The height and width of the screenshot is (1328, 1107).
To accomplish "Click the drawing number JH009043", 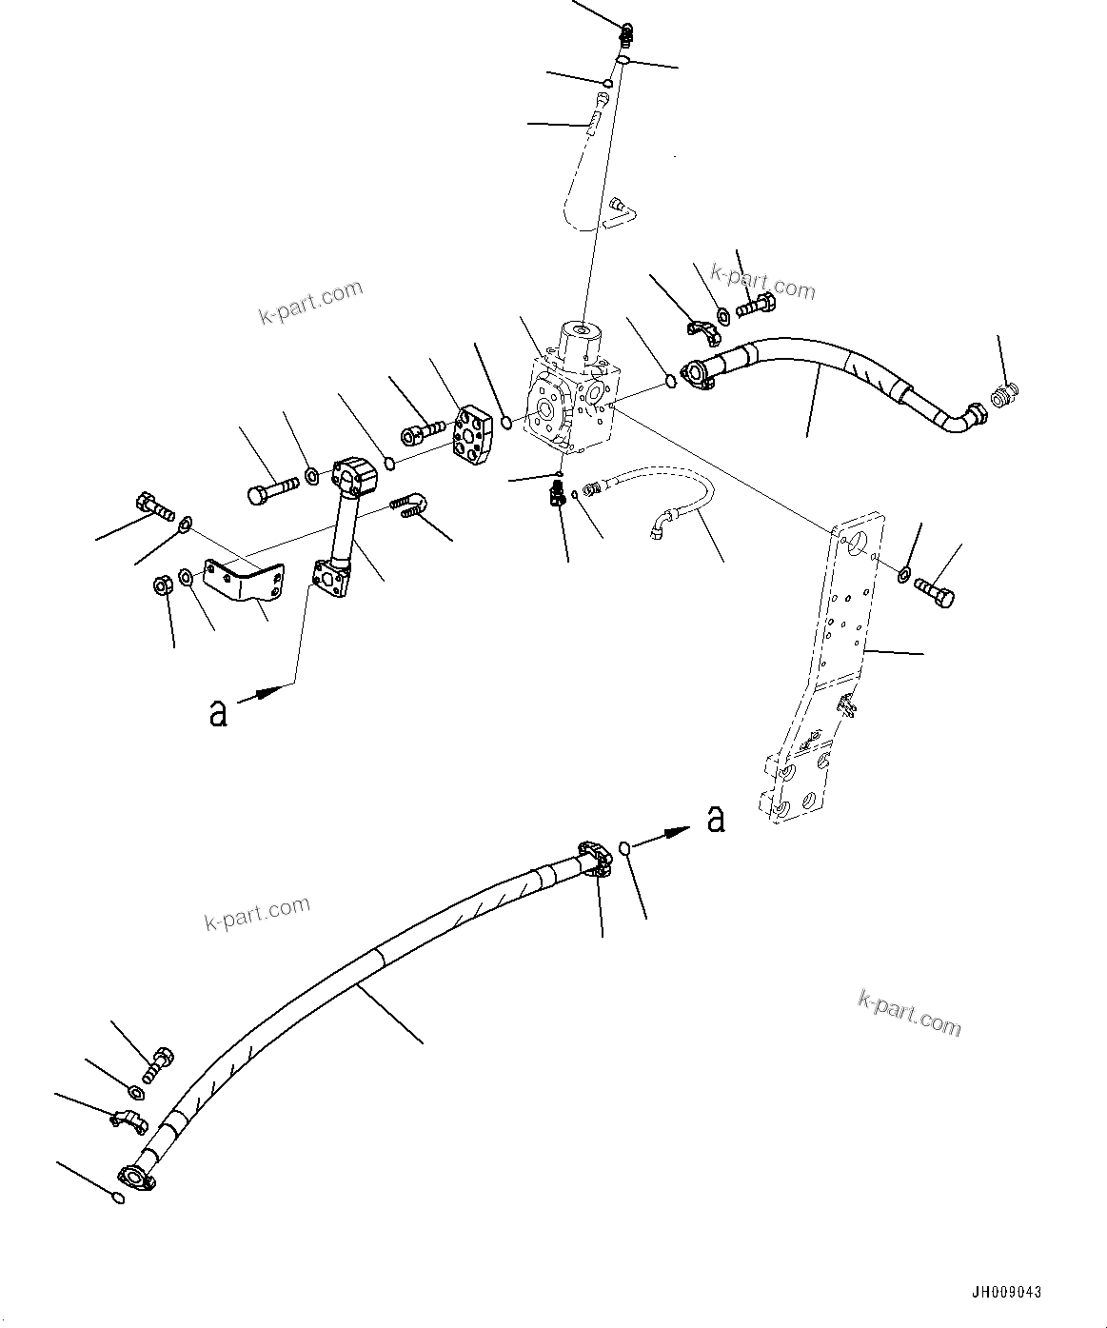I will pos(1006,1293).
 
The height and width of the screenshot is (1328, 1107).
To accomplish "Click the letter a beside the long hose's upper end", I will pos(716,818).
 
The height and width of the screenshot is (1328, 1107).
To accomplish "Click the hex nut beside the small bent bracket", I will pos(162,585).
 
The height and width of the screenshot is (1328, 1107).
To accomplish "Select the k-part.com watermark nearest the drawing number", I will pos(909,1012).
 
